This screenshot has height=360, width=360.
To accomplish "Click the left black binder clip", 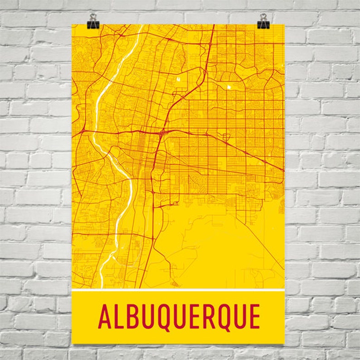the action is point(94,24).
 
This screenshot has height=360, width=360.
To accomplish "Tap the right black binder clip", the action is point(263,24).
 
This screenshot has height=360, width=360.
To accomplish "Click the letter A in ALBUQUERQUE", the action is point(105,317).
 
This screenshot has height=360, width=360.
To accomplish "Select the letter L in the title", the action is point(119,317).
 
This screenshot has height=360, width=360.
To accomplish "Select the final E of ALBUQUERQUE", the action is point(253,317).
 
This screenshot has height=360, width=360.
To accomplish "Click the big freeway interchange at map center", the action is point(162,132).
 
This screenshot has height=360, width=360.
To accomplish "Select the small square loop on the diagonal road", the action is point(225,136).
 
